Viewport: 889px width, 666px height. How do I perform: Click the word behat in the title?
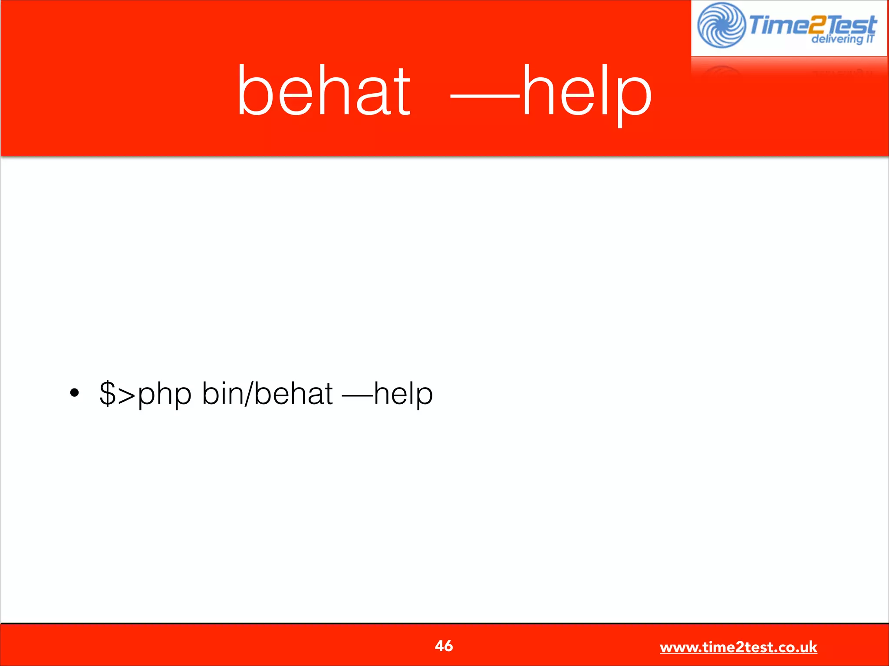click(x=323, y=91)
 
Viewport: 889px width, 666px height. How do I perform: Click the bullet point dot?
click(x=75, y=393)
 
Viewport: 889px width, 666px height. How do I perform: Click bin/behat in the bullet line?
click(x=267, y=394)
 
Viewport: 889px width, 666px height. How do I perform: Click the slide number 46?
click(x=444, y=646)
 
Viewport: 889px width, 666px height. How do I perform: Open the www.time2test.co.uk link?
click(x=738, y=647)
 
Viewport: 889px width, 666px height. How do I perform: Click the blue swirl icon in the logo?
click(x=721, y=25)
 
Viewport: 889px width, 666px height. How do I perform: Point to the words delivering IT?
click(x=843, y=39)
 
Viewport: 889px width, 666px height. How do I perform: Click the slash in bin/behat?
click(x=248, y=394)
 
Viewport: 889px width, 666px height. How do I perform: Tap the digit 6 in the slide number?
click(x=448, y=646)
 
